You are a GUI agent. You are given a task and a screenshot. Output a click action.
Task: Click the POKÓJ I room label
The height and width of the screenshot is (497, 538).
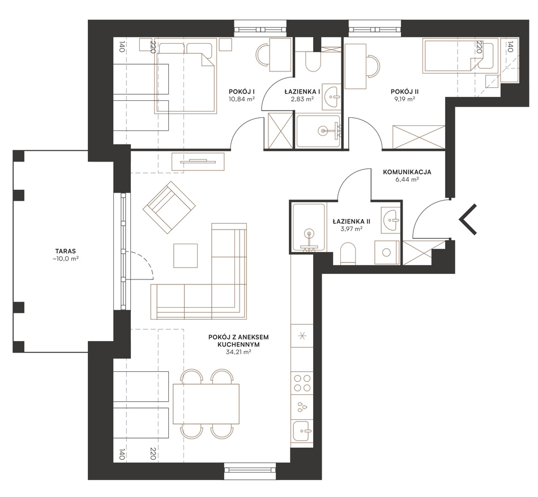[x=244, y=92]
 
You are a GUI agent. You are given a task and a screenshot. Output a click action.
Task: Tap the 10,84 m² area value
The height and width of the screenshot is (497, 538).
[x=242, y=99]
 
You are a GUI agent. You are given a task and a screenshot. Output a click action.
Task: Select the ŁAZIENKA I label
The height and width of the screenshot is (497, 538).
[x=302, y=92]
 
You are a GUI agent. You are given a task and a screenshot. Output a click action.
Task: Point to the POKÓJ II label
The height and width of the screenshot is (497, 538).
[x=405, y=92]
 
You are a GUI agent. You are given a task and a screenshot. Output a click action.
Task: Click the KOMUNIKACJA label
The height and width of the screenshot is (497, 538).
[x=407, y=172]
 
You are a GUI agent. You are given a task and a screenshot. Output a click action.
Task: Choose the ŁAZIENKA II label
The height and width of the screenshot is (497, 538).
[x=352, y=222]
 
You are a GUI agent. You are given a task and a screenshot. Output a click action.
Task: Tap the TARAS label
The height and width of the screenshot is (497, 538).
[x=65, y=251]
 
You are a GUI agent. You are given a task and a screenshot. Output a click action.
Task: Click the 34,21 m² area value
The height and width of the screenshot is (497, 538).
[x=238, y=352]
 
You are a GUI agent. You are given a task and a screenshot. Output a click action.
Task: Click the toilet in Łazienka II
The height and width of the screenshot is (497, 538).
[x=349, y=254]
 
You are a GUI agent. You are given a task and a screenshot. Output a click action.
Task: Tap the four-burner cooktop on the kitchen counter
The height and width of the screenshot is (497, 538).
[x=302, y=383]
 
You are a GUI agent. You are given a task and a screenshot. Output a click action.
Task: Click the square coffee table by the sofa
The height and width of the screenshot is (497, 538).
[x=186, y=256]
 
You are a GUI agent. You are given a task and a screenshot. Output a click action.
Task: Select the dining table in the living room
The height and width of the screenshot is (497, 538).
[x=206, y=404]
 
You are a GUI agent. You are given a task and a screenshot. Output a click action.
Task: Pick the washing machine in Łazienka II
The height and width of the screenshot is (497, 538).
[x=387, y=253]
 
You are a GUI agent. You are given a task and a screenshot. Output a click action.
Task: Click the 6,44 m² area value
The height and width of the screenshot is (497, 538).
[x=407, y=180]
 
